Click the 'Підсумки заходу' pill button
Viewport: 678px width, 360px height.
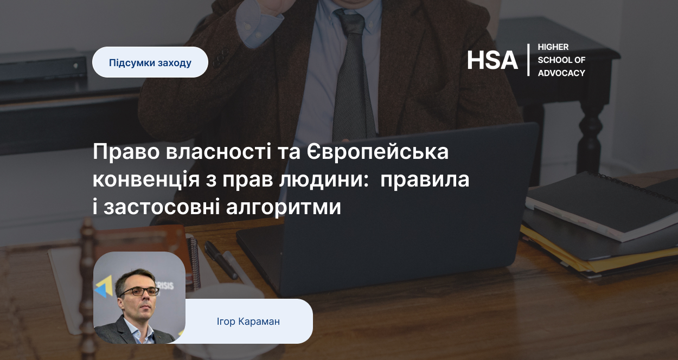coord(150,62)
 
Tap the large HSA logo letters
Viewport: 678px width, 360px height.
coord(492,60)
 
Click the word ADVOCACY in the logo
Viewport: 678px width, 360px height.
coord(561,73)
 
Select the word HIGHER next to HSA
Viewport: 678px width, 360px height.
coord(553,47)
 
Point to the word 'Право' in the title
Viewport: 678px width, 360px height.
coord(126,151)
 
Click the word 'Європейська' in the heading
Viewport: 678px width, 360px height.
coord(378,151)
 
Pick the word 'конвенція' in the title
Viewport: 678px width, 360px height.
coord(146,179)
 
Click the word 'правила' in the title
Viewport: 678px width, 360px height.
coord(425,179)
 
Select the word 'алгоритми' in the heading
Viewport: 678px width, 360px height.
coord(284,207)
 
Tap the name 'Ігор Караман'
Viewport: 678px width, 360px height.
coord(248,322)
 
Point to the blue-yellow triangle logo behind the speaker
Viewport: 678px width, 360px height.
coord(104,286)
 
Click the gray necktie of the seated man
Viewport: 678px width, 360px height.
coord(353,75)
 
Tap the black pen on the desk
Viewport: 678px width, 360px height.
coord(221,260)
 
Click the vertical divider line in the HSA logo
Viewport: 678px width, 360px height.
coord(528,60)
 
